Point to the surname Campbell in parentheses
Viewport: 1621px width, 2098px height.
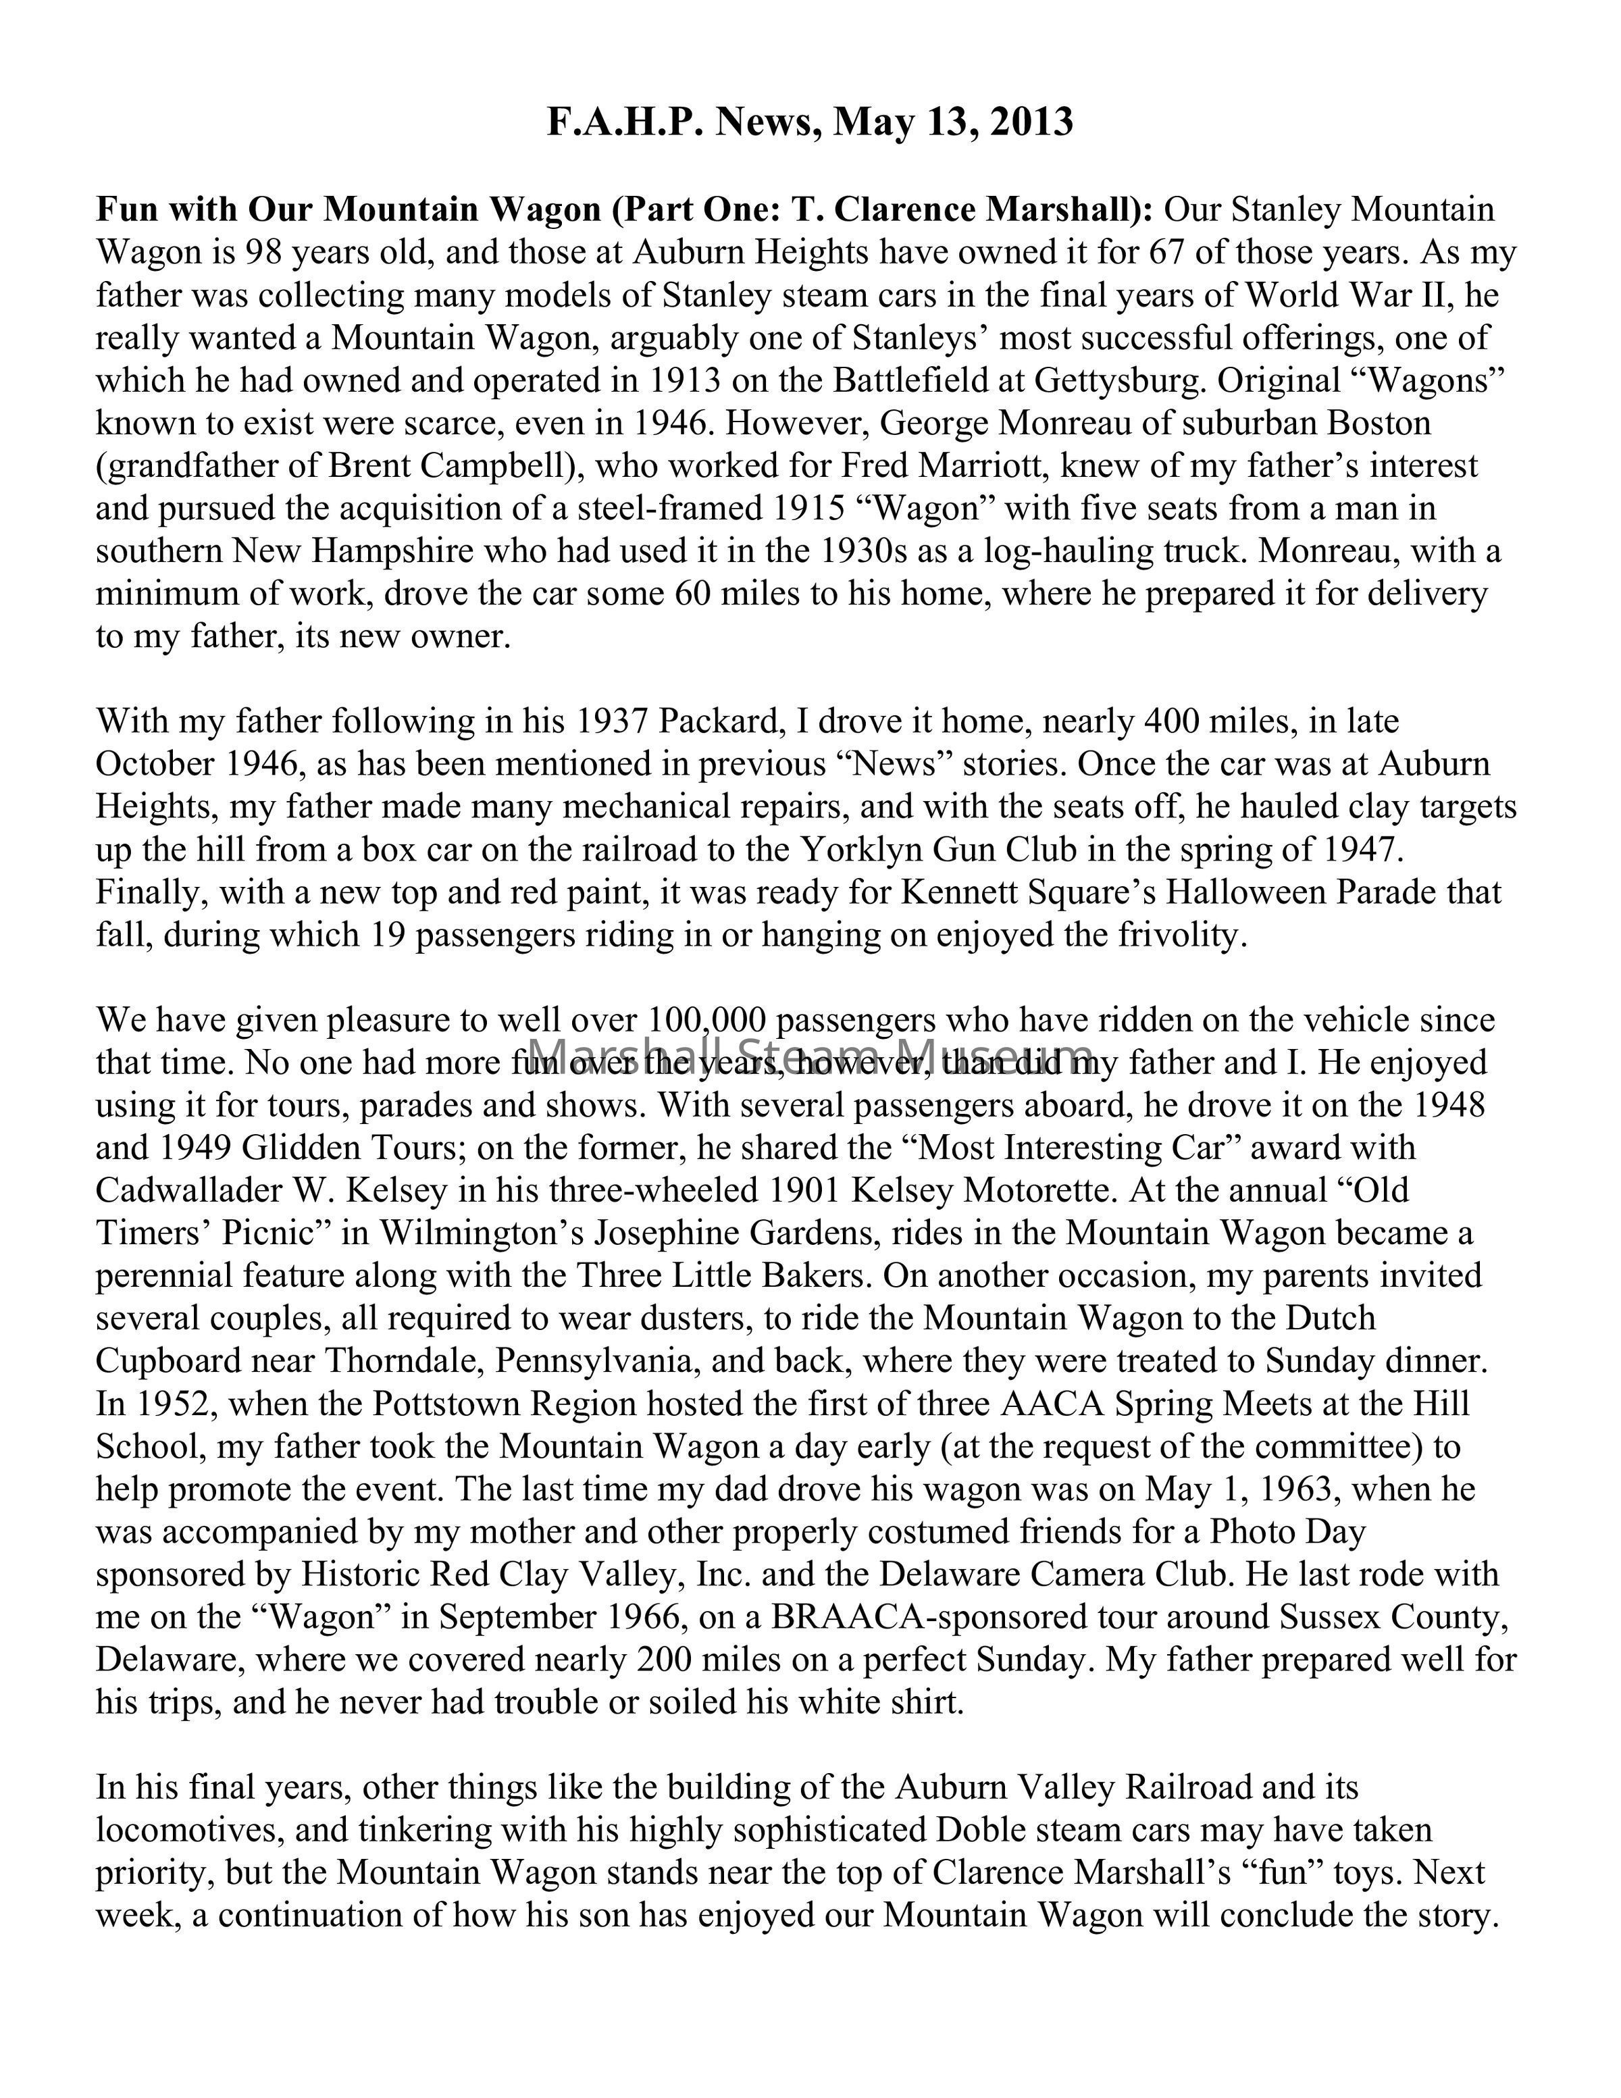coord(498,466)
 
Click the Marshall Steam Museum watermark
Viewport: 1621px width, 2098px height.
coord(810,1054)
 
